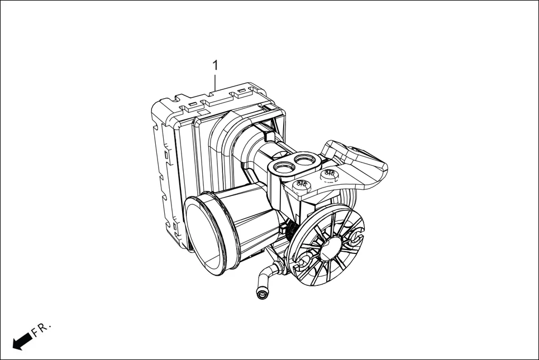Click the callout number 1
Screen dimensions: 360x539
[x=215, y=65]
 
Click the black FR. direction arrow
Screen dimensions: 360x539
[x=22, y=340]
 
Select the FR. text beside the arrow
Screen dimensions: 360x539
[x=41, y=329]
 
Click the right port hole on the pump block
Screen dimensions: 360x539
[x=306, y=160]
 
